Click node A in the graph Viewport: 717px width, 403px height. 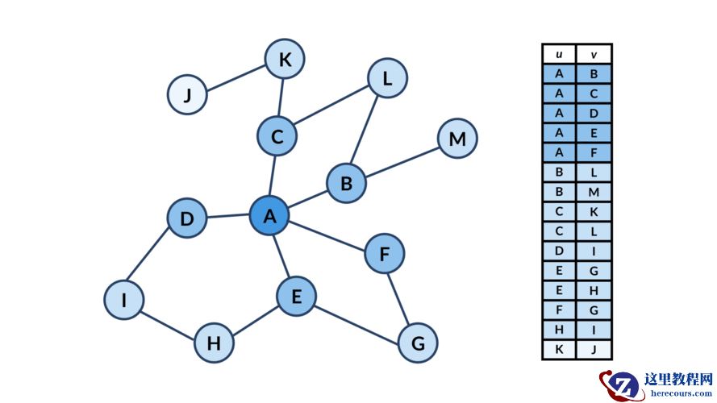[x=269, y=216]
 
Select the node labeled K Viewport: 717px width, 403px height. [x=285, y=59]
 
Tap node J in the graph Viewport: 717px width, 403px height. [x=187, y=94]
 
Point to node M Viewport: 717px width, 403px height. [x=457, y=139]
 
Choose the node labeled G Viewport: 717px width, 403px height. [x=418, y=343]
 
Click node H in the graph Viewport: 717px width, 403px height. [x=214, y=343]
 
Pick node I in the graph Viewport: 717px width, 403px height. [x=123, y=300]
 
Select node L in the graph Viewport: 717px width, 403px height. [x=387, y=79]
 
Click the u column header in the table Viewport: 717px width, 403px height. [x=559, y=55]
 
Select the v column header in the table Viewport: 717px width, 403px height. [x=594, y=55]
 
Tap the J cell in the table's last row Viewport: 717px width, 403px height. [x=594, y=350]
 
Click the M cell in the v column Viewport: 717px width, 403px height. [x=594, y=192]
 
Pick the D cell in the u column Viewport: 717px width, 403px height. [x=559, y=251]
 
